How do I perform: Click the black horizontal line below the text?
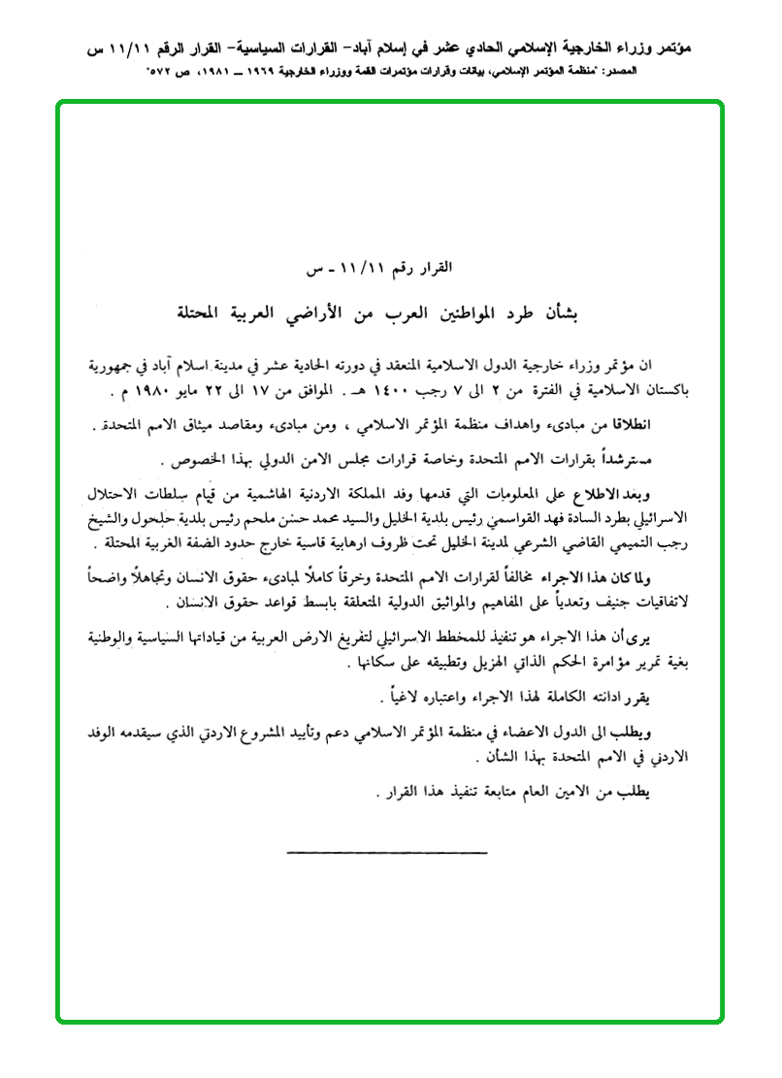387,852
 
